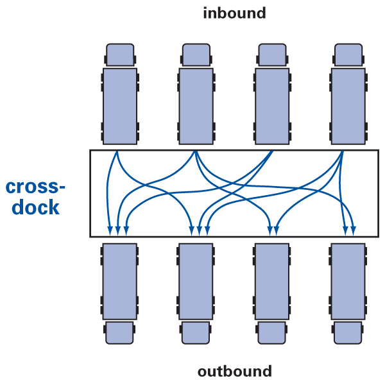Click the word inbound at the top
click(234, 13)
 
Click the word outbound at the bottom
click(234, 371)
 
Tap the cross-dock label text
click(35, 197)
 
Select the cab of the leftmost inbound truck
click(120, 55)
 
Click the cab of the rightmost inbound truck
click(348, 55)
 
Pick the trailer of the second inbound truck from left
click(196, 106)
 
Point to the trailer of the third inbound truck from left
click(272, 106)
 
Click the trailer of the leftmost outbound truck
click(120, 281)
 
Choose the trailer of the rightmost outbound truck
click(348, 281)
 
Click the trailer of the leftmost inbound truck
click(120, 106)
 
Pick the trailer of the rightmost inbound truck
click(348, 106)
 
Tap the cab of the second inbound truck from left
click(196, 55)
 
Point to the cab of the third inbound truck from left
click(272, 55)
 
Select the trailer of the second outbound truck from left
click(196, 281)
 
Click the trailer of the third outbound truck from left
click(272, 281)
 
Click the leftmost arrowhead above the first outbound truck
click(110, 230)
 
